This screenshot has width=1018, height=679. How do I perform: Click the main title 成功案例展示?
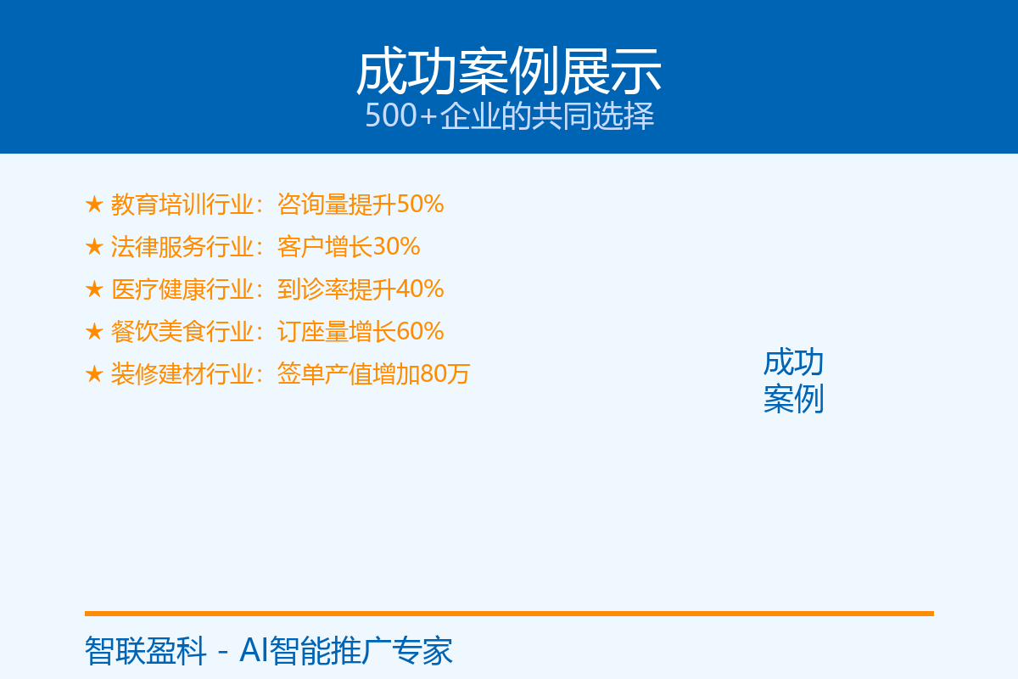pyautogui.click(x=508, y=72)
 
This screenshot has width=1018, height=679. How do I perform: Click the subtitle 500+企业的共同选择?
pyautogui.click(x=510, y=115)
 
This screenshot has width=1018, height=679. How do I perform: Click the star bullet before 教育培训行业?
pyautogui.click(x=94, y=205)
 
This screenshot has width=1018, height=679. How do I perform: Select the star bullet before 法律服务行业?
pyautogui.click(x=94, y=246)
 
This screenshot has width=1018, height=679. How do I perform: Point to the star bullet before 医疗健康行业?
pyautogui.click(x=94, y=289)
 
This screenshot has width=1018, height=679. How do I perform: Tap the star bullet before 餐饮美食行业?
pyautogui.click(x=94, y=332)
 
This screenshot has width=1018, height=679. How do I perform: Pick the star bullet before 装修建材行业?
pyautogui.click(x=94, y=373)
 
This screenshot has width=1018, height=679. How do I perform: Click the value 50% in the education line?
pyautogui.click(x=420, y=205)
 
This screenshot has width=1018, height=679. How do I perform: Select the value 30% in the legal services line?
pyautogui.click(x=396, y=246)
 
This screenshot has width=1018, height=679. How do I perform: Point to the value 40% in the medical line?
pyautogui.click(x=420, y=289)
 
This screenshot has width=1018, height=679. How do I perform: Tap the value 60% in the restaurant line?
pyautogui.click(x=420, y=332)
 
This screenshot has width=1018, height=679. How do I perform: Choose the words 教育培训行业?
pyautogui.click(x=182, y=205)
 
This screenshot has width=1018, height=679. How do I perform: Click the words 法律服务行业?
pyautogui.click(x=182, y=246)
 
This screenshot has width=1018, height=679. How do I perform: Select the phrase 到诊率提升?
pyautogui.click(x=337, y=289)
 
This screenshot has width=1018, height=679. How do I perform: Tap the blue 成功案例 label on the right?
pyautogui.click(x=793, y=380)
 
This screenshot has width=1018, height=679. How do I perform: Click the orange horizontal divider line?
pyautogui.click(x=509, y=614)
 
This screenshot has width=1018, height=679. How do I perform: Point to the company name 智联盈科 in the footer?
pyautogui.click(x=145, y=651)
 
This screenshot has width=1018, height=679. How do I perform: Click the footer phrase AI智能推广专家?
pyautogui.click(x=346, y=651)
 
